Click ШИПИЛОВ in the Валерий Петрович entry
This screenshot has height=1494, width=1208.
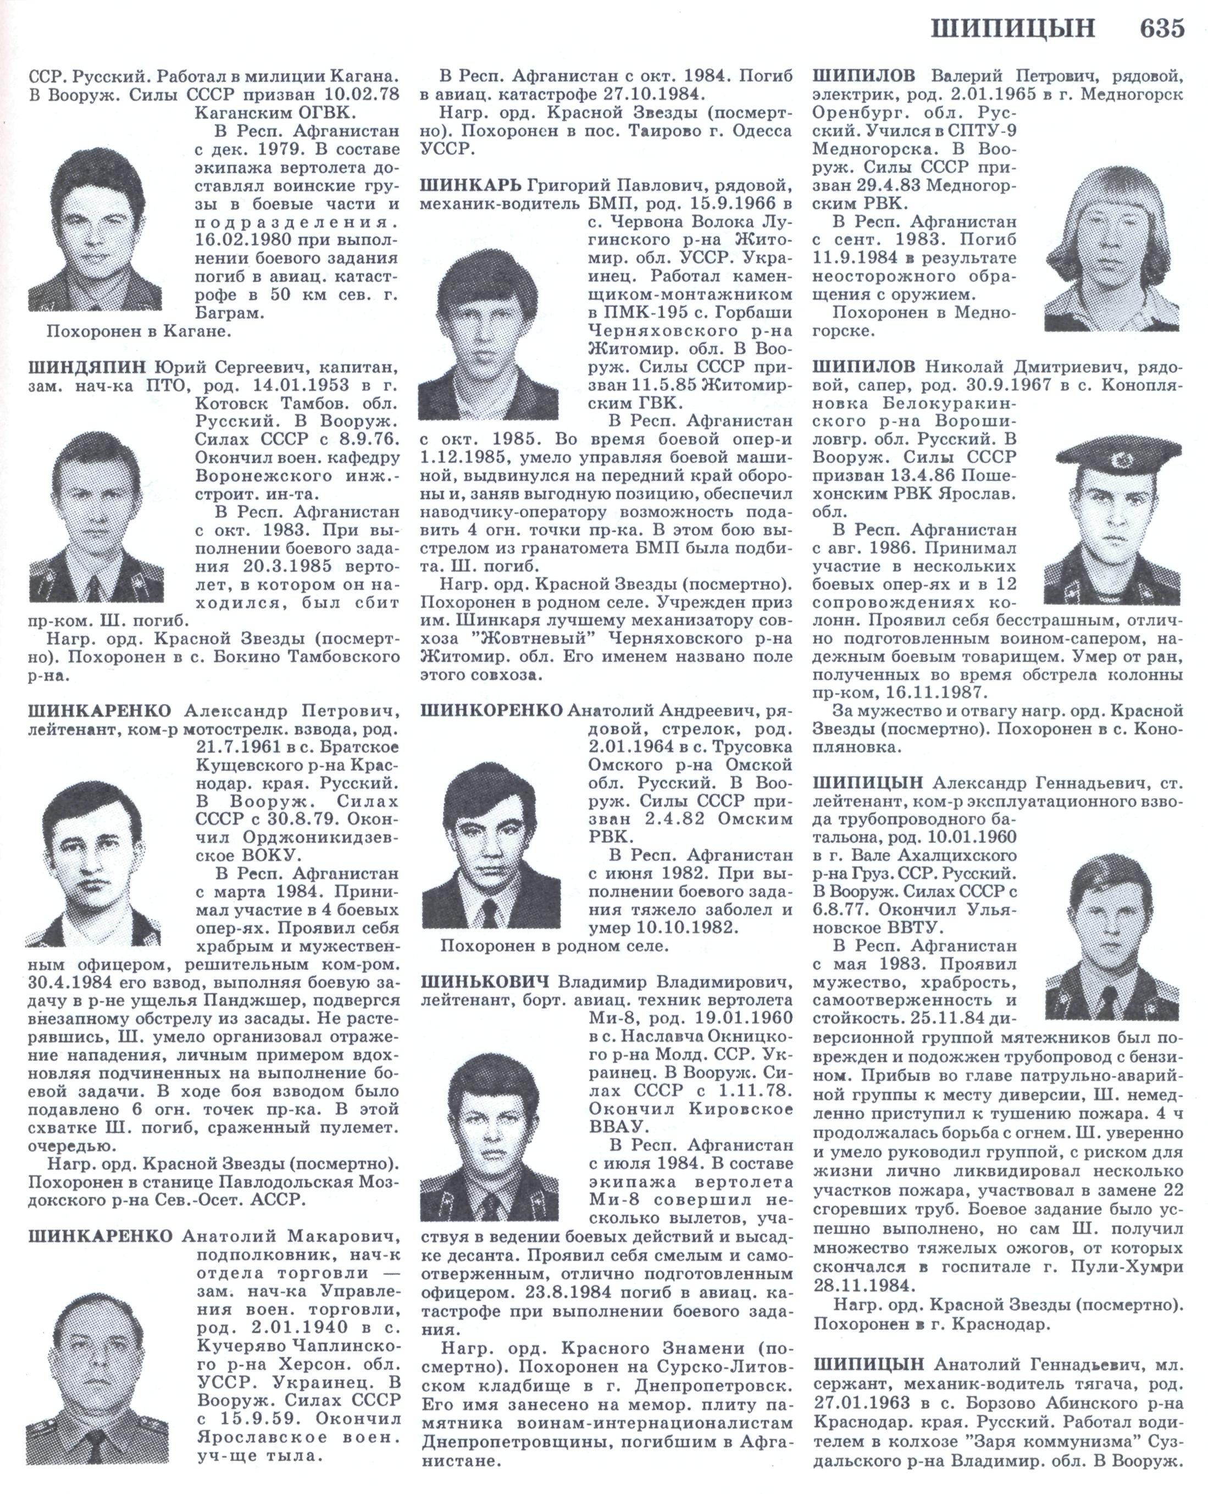point(863,76)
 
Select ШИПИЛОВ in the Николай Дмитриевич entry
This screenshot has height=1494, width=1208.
point(863,367)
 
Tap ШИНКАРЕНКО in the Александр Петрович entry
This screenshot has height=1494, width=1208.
point(99,711)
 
